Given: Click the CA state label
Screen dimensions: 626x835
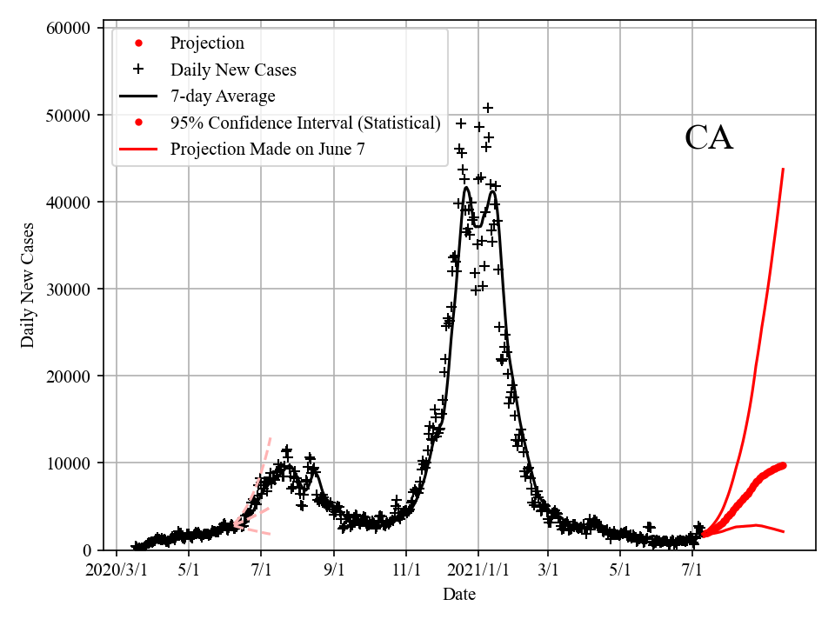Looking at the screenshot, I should [x=709, y=138].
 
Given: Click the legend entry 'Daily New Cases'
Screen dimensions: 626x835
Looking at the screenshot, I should [x=233, y=70].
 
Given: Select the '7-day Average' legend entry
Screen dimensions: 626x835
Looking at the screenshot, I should [x=223, y=96].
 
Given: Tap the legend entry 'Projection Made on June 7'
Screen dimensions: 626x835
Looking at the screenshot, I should [x=268, y=149].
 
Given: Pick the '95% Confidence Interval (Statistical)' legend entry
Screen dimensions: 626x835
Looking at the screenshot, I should [x=305, y=123].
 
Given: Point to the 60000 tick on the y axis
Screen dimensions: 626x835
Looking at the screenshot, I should [x=68, y=28].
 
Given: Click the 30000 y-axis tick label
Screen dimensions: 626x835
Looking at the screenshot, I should [x=68, y=289].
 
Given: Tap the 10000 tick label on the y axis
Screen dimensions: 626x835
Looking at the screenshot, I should [x=68, y=463].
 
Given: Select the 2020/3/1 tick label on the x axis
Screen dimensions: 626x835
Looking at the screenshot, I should [x=116, y=570].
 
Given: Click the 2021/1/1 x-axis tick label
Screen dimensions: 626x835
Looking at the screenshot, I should [x=478, y=570].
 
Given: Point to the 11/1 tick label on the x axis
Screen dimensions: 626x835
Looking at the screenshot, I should [x=406, y=570].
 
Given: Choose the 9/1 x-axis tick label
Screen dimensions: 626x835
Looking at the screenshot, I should [x=334, y=570].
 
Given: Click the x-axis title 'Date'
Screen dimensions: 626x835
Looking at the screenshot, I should [x=459, y=595].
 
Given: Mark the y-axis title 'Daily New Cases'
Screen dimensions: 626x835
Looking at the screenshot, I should [x=29, y=285].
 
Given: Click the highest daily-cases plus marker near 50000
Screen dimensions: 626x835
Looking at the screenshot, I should [x=488, y=108].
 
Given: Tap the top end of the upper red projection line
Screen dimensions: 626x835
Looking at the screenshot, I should [x=784, y=169].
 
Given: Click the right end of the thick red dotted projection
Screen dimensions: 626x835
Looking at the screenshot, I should [x=784, y=465].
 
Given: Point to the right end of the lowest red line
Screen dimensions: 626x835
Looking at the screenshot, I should [x=784, y=531].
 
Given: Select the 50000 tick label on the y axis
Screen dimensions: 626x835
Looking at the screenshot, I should [x=68, y=115].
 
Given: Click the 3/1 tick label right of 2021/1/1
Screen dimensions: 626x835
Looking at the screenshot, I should [x=548, y=570].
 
